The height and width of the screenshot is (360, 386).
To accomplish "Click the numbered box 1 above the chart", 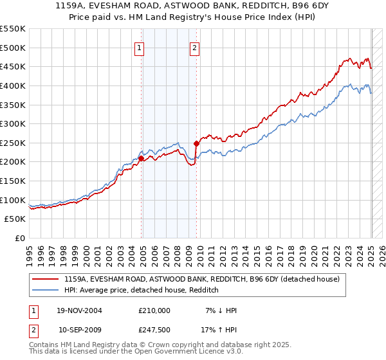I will [140, 47].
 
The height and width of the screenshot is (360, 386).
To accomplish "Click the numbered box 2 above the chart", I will [194, 47].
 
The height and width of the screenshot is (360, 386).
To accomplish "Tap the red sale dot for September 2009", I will [196, 143].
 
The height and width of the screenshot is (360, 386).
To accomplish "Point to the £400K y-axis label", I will [14, 85].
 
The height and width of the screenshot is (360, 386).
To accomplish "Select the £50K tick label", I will [15, 219].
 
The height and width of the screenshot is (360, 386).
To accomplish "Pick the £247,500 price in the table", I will [154, 329].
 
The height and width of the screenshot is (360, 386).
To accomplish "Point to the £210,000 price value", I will [154, 310].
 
